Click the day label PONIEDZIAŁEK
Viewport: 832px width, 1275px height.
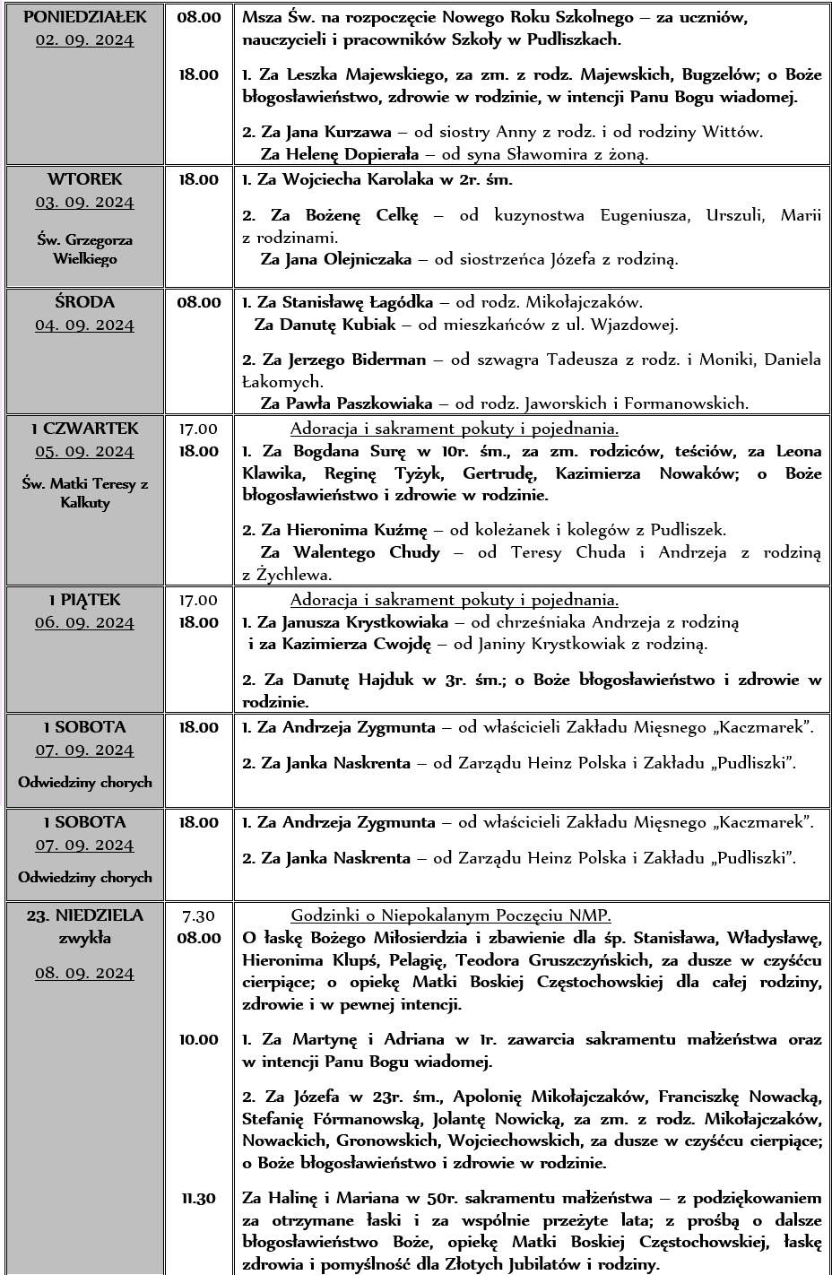point(85,16)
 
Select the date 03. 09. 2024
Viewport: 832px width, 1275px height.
point(85,202)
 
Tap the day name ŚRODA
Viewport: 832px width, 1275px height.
point(85,302)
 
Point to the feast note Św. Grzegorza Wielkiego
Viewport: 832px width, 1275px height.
point(85,249)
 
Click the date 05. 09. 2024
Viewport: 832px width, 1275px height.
point(85,451)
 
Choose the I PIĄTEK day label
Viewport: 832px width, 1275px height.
point(85,600)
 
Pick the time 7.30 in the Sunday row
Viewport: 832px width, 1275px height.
point(198,915)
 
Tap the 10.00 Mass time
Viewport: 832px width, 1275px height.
point(198,1039)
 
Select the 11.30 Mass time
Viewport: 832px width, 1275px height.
point(198,1198)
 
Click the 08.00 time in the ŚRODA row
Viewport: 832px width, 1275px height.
point(198,302)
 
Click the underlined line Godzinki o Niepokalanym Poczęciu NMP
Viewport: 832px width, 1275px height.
point(451,915)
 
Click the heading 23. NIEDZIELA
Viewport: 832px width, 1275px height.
point(85,915)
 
